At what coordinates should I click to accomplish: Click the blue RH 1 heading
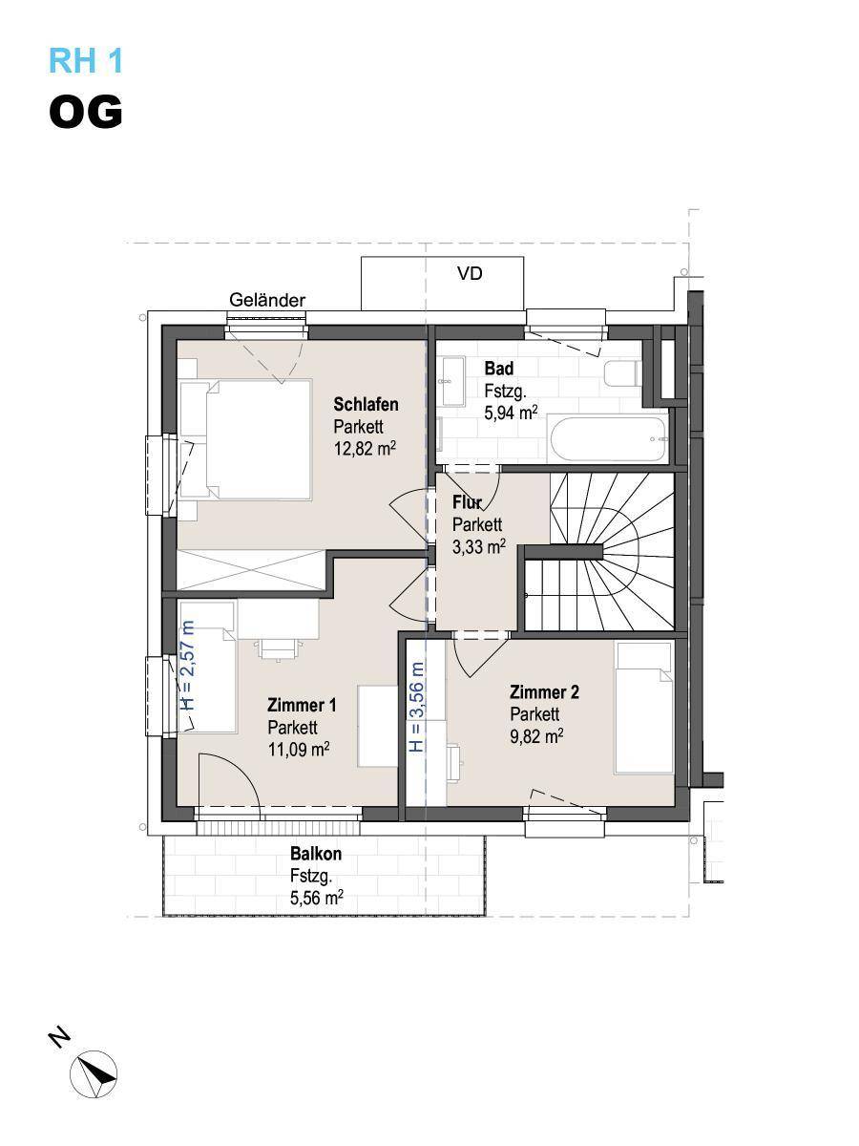tap(86, 60)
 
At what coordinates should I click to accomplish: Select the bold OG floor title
tap(86, 112)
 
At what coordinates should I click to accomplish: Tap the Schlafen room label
tap(366, 404)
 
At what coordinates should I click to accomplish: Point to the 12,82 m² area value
tap(365, 448)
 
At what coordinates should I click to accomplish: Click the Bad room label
tap(499, 368)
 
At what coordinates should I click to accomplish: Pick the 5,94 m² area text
tap(512, 413)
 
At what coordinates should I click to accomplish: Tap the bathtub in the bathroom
tap(608, 439)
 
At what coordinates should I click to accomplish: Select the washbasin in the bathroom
tap(451, 381)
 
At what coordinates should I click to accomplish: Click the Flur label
tap(467, 502)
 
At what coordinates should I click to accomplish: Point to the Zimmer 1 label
tap(302, 705)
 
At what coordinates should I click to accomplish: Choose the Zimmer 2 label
tap(544, 691)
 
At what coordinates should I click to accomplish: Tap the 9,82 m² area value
tap(536, 736)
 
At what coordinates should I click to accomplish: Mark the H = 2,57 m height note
tap(187, 665)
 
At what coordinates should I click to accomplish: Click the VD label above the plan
tap(470, 273)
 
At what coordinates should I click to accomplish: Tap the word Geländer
tap(267, 300)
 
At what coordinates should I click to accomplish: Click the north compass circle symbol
tap(94, 1075)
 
